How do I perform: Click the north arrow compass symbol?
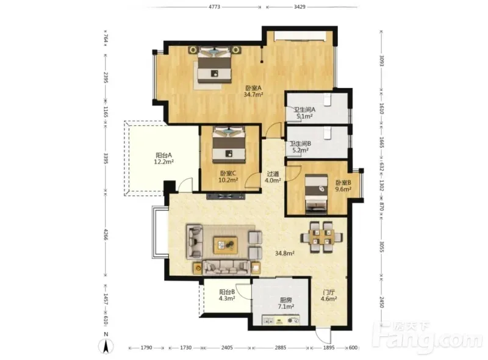pos(106,347)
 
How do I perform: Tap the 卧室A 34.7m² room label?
pos(253,92)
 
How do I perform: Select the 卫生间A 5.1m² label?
pos(304,113)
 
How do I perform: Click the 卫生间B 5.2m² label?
pos(300,147)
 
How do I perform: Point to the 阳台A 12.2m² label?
pos(163,158)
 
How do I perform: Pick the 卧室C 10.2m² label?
pos(228,176)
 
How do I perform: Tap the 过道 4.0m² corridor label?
pos(273,177)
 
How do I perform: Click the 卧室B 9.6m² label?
pos(343,186)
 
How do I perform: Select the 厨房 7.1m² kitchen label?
pos(286,303)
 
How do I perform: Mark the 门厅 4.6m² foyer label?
pos(329,295)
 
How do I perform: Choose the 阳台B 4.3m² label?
pos(227,295)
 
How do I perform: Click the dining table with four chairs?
pos(322,237)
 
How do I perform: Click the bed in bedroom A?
pos(215,65)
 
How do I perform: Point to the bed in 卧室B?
pos(316,193)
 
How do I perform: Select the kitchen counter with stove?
pos(281,320)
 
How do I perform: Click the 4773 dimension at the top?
pos(214,7)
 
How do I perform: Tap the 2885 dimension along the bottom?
pos(281,348)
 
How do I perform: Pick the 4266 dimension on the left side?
pos(106,234)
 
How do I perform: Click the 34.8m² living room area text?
pos(285,253)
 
